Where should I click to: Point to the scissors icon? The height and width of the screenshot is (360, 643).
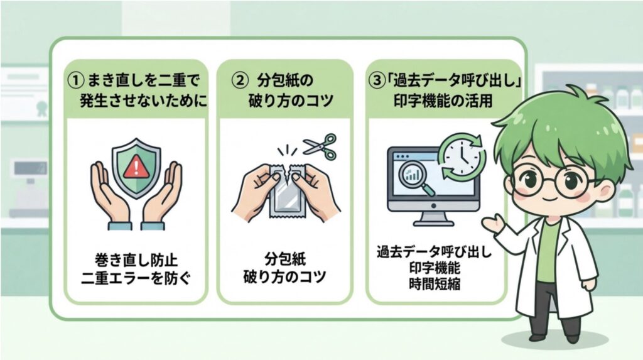pos(320,146)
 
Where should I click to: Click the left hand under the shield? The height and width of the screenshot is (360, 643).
pos(105,192)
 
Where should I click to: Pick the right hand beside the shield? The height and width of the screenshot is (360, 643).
pos(165,192)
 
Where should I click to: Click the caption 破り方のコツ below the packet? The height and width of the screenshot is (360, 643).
pos(286,276)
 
